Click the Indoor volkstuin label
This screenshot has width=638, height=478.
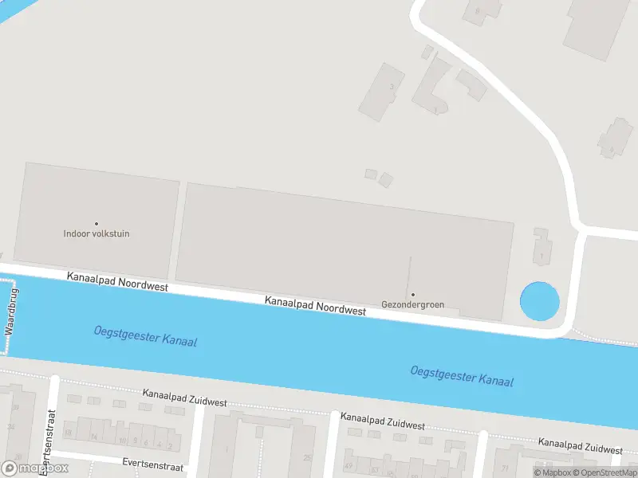coord(96,234)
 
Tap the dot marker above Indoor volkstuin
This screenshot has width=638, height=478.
coord(96,224)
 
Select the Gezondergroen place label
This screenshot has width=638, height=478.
coord(412,304)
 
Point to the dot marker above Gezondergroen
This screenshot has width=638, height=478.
coord(412,295)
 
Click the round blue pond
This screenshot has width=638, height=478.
coord(540,302)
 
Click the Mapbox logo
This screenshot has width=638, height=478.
coord(35,468)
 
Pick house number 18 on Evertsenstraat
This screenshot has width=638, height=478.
coord(68,433)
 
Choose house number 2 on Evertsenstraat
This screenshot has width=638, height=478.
coord(171,445)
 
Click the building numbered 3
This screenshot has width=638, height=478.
coord(391,87)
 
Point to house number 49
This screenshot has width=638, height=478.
coord(349,466)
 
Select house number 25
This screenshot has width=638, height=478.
coord(307,457)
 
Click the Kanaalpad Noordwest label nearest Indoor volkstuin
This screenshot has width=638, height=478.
coord(118,280)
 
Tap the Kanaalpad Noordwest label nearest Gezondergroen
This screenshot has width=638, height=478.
coord(315,305)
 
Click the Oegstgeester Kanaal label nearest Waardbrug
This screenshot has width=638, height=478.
coord(145,336)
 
